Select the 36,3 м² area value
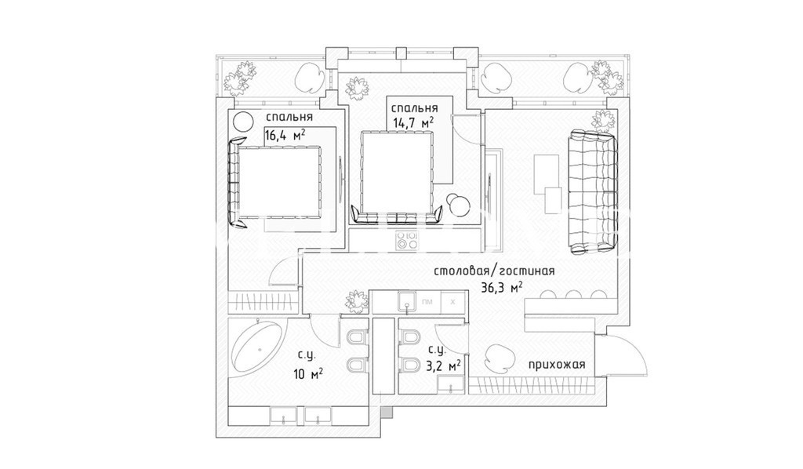500,288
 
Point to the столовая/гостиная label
495,271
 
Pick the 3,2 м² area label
443,365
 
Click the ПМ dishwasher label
427,301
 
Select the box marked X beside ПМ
452,301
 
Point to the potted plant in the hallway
354,300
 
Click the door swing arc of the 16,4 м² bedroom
280,271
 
